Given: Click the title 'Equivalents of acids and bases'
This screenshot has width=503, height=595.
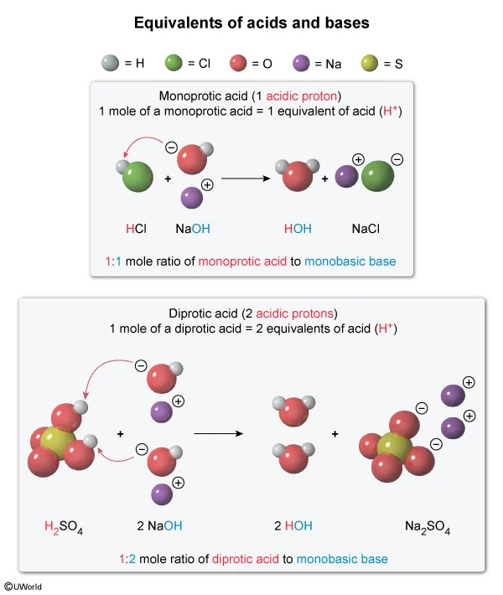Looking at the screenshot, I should [x=251, y=23].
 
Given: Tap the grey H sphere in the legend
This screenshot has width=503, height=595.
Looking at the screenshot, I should [x=107, y=63].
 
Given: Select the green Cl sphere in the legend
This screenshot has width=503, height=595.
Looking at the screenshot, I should [x=174, y=63].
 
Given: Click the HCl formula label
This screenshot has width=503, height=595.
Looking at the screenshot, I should [x=136, y=228].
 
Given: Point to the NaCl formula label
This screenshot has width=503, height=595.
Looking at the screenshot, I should [x=367, y=228].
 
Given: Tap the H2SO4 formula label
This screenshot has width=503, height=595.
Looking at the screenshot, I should [x=64, y=527].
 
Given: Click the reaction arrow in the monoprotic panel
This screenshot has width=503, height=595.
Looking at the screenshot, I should [x=248, y=178].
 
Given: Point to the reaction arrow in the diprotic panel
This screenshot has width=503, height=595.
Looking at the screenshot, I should [x=218, y=433].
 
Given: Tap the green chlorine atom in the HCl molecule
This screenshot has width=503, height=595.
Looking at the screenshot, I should [x=137, y=178].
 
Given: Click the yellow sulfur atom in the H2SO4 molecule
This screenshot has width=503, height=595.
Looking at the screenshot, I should [x=58, y=440].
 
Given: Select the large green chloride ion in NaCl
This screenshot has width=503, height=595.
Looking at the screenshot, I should [x=379, y=178].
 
